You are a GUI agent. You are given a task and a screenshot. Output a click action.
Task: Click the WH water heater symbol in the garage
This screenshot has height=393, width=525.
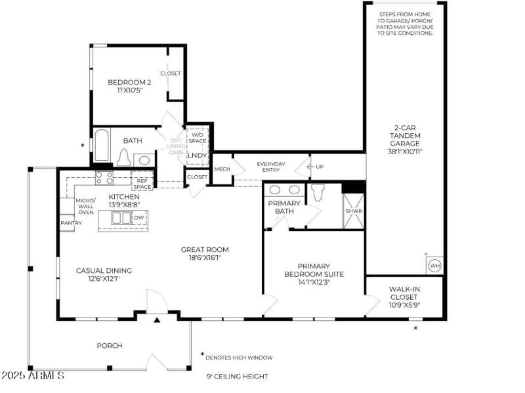click(434, 266)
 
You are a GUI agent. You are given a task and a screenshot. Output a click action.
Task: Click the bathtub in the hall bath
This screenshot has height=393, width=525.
click(102, 146)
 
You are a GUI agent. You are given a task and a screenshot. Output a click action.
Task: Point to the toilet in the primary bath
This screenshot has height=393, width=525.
click(318, 192)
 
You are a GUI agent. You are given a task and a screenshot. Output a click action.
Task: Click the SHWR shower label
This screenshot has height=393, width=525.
click(354, 211)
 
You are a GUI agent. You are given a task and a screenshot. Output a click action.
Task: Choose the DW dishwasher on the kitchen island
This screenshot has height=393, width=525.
click(139, 217)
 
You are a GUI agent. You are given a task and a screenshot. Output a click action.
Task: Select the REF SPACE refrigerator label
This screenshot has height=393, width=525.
click(142, 184)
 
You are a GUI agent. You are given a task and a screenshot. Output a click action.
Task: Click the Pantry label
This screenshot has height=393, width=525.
click(71, 223)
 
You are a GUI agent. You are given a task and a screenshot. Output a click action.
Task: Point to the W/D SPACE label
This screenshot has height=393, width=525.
click(197, 138)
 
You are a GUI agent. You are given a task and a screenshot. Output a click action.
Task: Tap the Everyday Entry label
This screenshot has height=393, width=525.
click(271, 167)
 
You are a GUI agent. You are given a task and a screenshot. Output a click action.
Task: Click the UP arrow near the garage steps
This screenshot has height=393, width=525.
click(315, 167)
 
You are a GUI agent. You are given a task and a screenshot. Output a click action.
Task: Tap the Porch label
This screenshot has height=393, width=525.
click(110, 345)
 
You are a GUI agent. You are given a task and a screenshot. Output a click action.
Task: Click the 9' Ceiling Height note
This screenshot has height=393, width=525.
click(237, 376)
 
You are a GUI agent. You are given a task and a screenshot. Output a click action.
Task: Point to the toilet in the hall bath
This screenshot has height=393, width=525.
click(123, 157)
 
